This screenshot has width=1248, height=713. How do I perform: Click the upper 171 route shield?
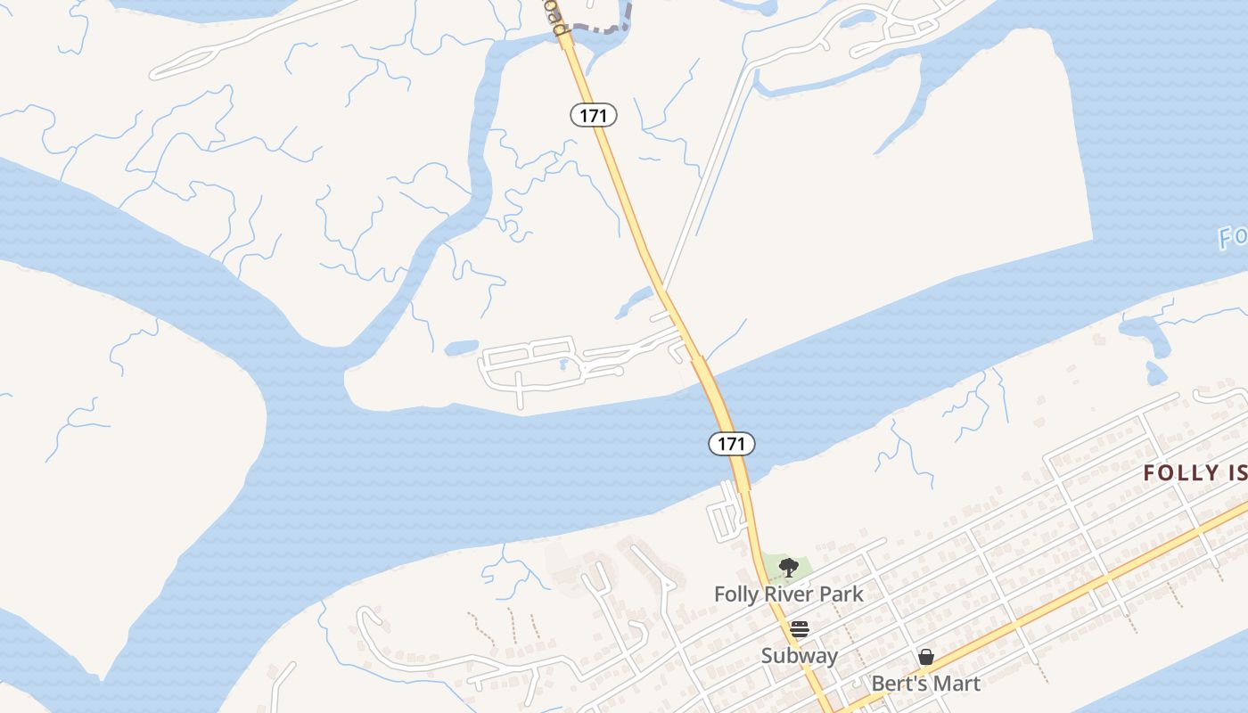tap(594, 114)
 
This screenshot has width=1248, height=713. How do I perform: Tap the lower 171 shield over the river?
tap(732, 443)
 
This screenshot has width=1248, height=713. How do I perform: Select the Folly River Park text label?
tap(789, 594)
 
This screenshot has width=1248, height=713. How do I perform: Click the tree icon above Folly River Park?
tap(788, 567)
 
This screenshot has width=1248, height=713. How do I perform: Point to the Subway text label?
tap(800, 656)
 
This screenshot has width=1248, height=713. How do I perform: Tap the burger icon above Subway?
tap(800, 629)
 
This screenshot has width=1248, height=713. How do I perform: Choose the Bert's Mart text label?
tap(926, 684)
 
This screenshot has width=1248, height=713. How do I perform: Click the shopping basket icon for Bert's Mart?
tap(926, 658)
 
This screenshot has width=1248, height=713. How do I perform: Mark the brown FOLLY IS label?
tap(1195, 472)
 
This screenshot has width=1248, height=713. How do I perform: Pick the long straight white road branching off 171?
tap(704, 178)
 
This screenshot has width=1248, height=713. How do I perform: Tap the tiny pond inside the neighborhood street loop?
tap(562, 365)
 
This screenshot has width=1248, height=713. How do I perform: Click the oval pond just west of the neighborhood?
tap(462, 348)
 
